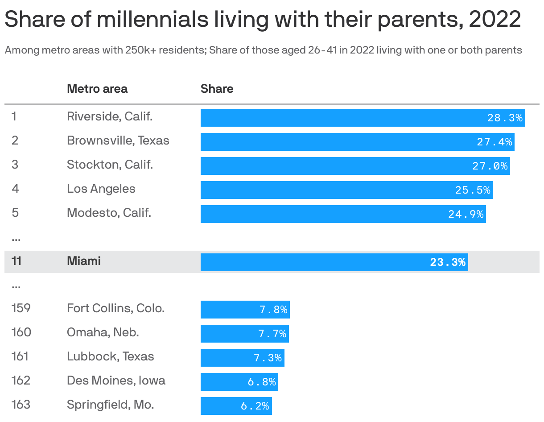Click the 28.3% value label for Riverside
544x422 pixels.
[504, 118]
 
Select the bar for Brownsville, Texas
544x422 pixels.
[357, 142]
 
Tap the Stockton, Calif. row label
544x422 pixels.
[110, 165]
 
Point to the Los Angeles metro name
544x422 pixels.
[101, 189]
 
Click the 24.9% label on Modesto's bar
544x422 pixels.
[466, 214]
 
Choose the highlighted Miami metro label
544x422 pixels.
[83, 261]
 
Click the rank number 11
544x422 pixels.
[16, 261]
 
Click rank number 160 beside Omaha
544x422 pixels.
[21, 332]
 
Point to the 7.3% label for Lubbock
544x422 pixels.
[268, 358]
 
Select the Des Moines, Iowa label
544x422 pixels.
[116, 381]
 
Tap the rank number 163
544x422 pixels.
[21, 405]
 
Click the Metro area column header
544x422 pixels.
[97, 89]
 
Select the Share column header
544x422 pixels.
[217, 89]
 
